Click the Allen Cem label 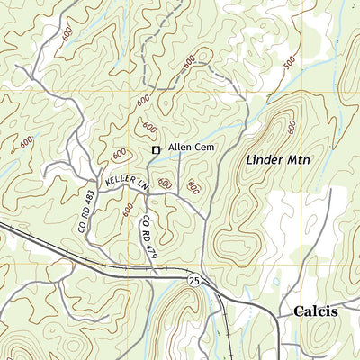[x=190, y=148]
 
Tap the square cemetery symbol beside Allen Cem [x=156, y=149]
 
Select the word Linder [x=261, y=160]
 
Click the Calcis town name [x=315, y=311]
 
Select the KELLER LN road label [x=126, y=182]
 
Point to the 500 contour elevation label [x=288, y=64]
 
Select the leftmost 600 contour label [x=25, y=141]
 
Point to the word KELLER [x=121, y=182]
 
